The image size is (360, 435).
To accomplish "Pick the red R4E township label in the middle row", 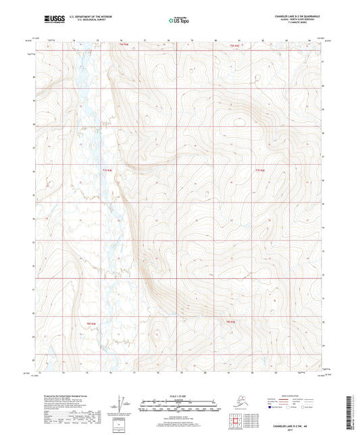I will point(106,170).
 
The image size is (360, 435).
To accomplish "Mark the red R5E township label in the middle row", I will point(260,170).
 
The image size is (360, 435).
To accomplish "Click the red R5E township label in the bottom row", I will point(230,322).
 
